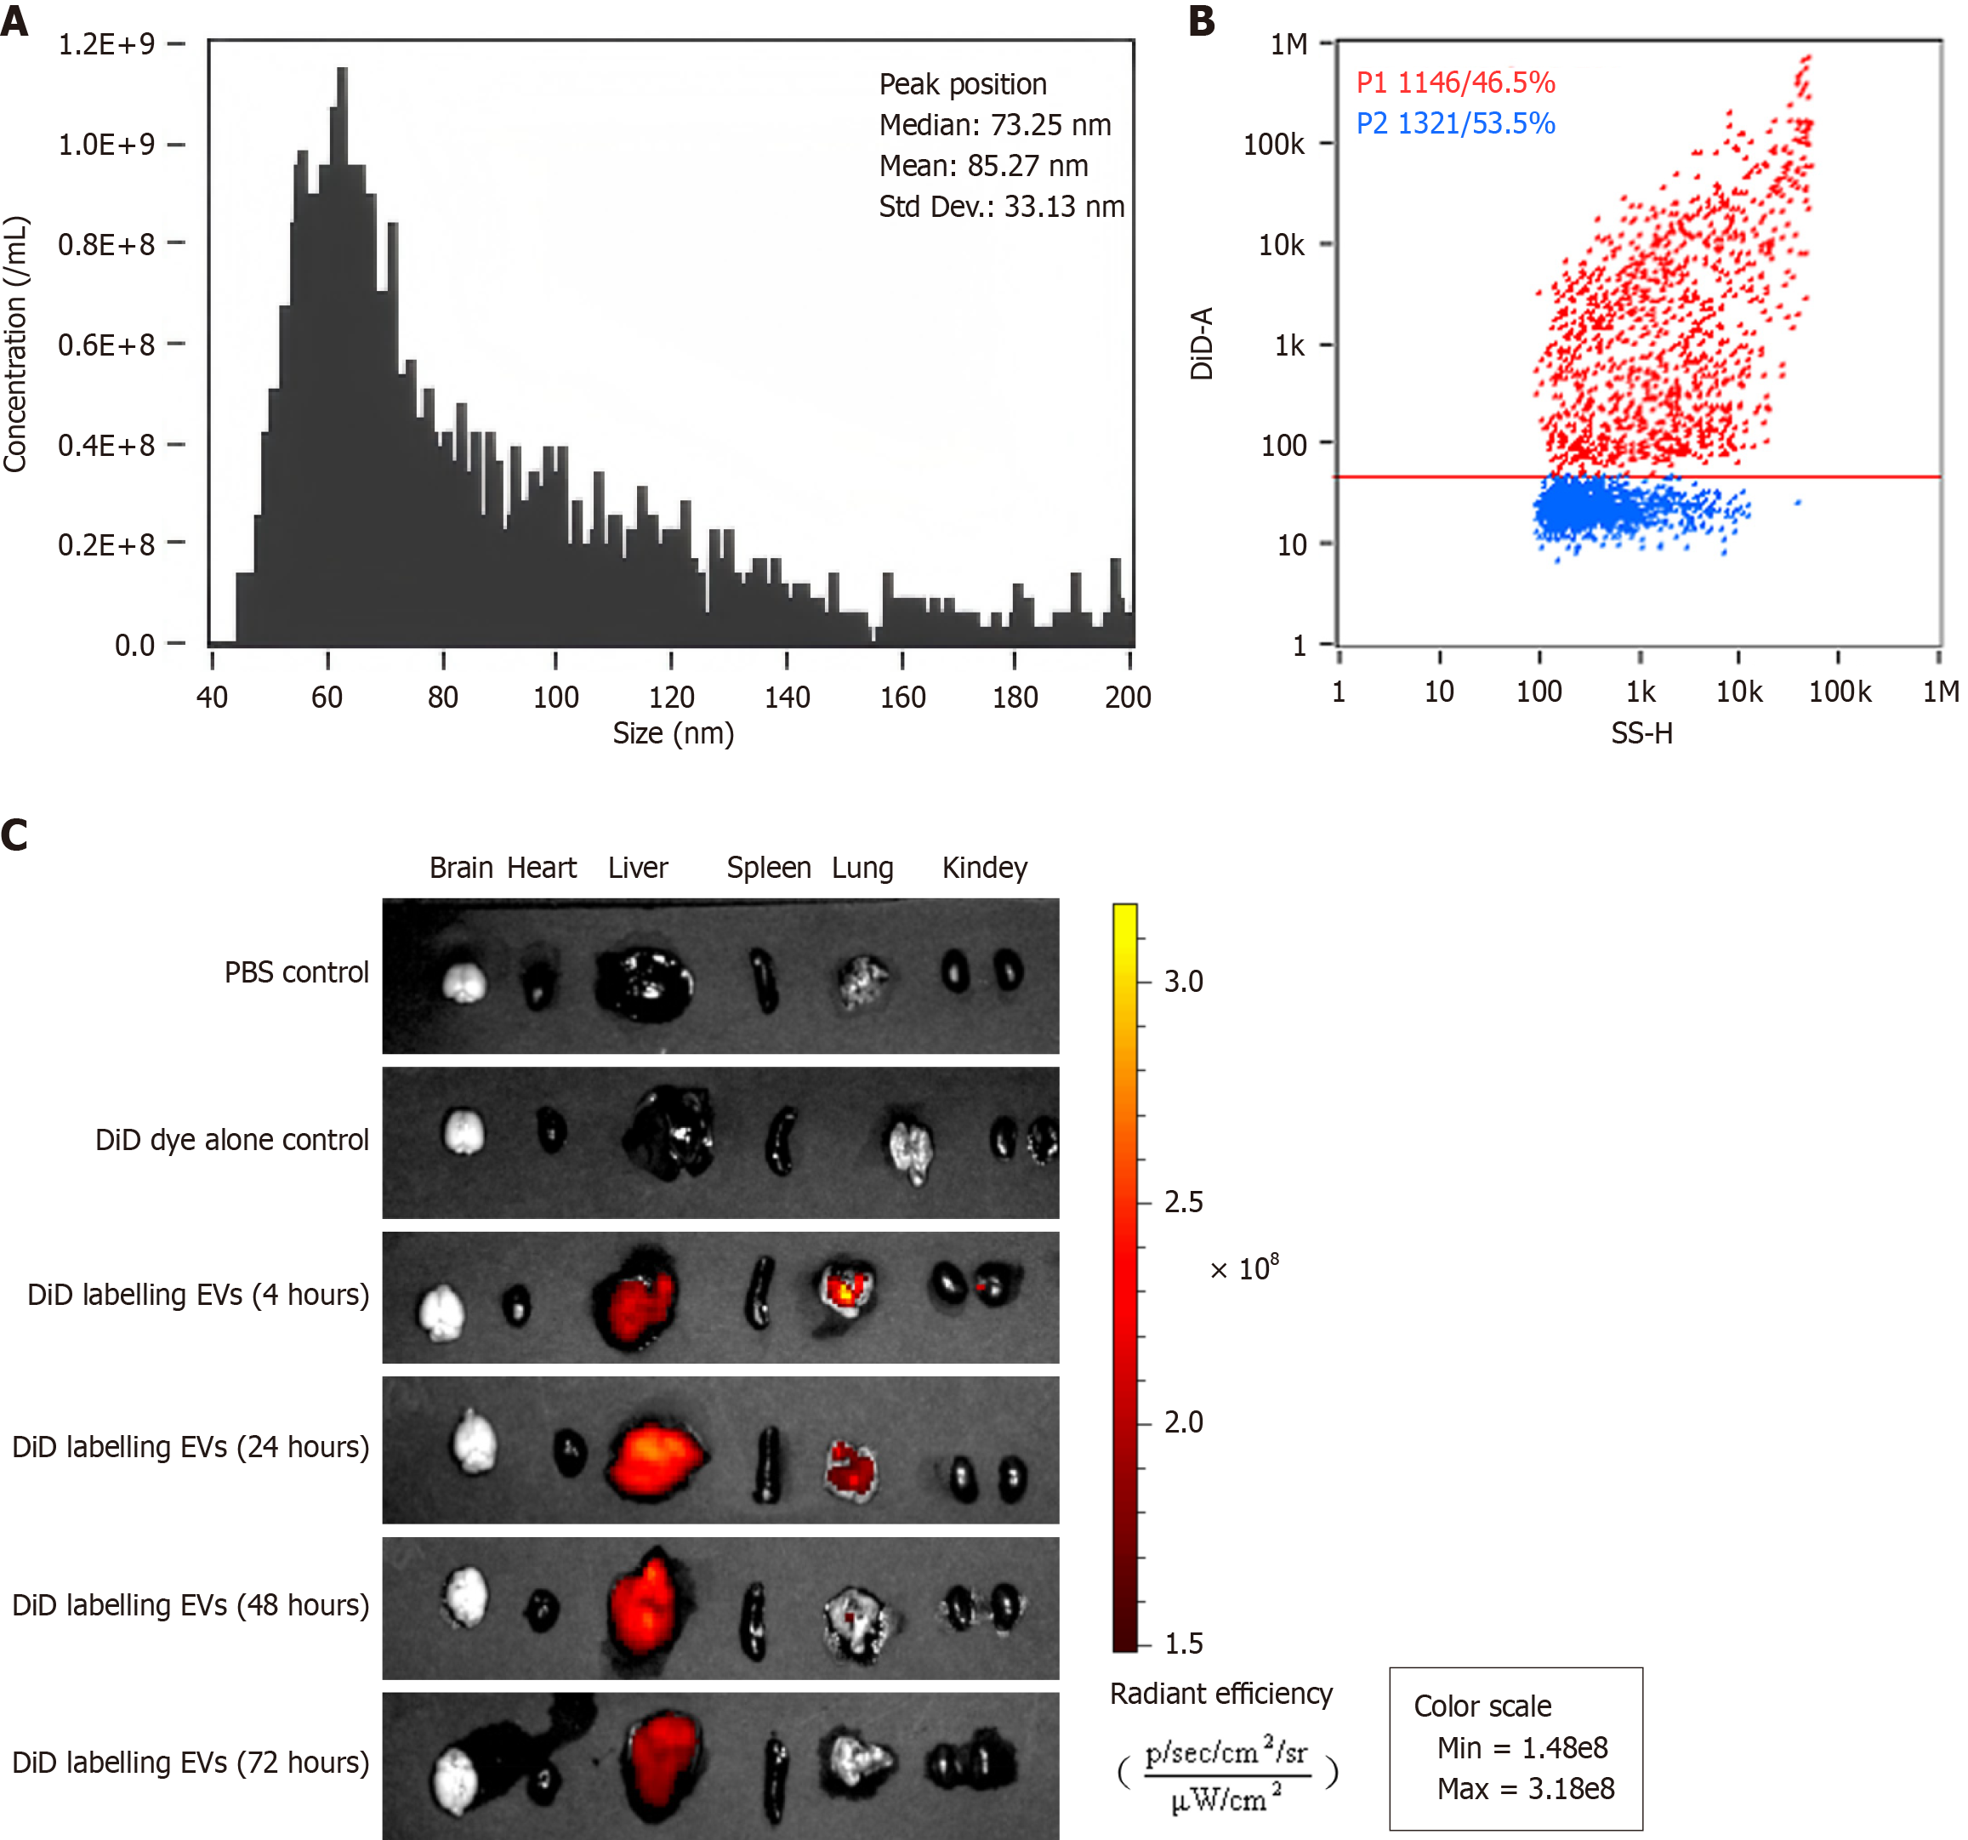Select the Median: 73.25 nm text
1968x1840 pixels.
[995, 125]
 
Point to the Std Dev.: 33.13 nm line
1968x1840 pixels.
[1001, 206]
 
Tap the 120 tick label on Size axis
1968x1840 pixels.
[671, 698]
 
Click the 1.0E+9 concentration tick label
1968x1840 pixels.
[106, 145]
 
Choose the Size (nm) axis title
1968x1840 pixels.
[674, 734]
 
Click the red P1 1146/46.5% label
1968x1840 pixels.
[1455, 83]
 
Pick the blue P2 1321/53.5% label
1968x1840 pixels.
[1455, 124]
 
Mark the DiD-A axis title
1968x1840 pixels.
[1202, 343]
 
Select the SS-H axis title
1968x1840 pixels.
[1641, 734]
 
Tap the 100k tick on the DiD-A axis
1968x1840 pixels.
[1274, 145]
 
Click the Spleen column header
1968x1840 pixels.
[768, 868]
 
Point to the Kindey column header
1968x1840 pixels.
[984, 868]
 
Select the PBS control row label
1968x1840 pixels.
[296, 972]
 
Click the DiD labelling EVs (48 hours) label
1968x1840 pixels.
[190, 1604]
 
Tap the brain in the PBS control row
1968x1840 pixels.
[464, 982]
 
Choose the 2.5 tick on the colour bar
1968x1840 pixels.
[1183, 1202]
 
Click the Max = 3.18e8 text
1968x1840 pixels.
[1526, 1788]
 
